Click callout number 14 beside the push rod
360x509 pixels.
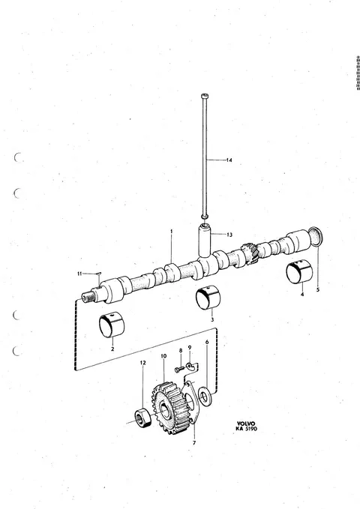click(x=229, y=160)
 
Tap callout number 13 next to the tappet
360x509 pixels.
click(x=229, y=235)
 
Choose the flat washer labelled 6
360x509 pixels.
click(x=205, y=396)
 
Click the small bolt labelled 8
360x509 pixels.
click(x=180, y=370)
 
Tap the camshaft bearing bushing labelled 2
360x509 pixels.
click(x=112, y=325)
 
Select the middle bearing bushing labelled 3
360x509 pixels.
click(x=208, y=298)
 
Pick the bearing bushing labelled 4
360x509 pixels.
click(x=299, y=271)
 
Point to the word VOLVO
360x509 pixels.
click(x=246, y=424)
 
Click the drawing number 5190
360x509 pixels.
click(x=251, y=429)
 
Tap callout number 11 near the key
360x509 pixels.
click(x=79, y=274)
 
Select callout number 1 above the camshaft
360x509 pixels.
click(x=172, y=232)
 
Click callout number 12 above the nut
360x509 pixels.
click(x=143, y=363)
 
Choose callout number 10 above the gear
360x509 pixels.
click(x=163, y=356)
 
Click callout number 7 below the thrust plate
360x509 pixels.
click(x=194, y=443)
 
